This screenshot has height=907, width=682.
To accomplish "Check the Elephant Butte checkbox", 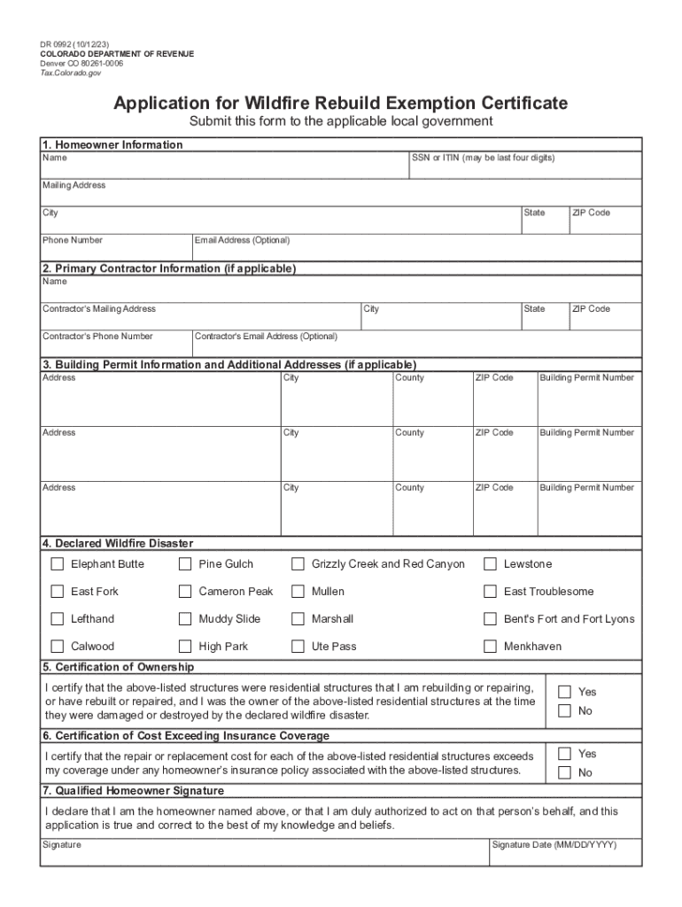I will coord(58,564).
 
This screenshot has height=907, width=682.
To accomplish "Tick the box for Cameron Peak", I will coord(185,592).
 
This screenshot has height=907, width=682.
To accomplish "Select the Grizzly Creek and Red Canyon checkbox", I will coord(298,564).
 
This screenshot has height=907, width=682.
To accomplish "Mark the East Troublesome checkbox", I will coord(490,592).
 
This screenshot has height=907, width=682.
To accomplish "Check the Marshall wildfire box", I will coord(298,619).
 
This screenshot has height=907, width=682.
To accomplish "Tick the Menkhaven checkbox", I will coord(490,647).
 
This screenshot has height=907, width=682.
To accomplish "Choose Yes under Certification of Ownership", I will coord(564,691).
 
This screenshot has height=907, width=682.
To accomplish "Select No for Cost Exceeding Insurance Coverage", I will coord(564,772).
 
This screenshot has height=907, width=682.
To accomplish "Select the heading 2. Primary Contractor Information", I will coord(168,268).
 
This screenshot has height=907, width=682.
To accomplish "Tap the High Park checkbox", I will coord(185,647).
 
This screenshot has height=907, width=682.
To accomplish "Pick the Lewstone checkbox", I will coord(490,564).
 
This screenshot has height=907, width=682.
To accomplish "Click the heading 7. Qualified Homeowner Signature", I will coord(133,791).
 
